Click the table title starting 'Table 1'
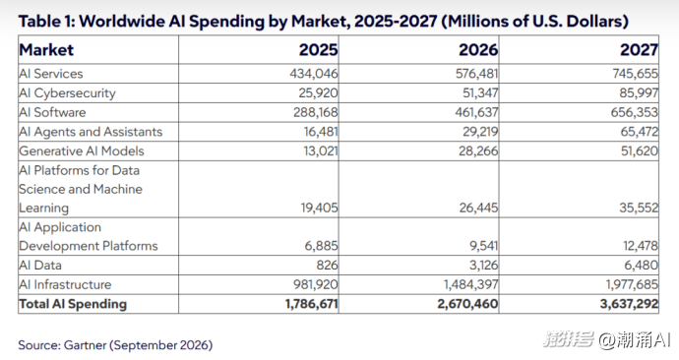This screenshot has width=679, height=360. click(x=323, y=22)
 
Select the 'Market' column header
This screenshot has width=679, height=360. click(x=46, y=50)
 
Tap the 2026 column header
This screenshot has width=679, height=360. click(x=478, y=50)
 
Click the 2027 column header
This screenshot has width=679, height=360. click(x=640, y=50)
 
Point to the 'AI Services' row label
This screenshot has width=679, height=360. click(x=50, y=74)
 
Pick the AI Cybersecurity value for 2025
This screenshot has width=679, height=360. click(x=318, y=93)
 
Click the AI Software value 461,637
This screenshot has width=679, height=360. click(x=476, y=112)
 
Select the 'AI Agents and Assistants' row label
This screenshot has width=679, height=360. click(x=91, y=132)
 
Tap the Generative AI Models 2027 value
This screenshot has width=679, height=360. click(x=640, y=151)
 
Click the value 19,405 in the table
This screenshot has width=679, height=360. click(x=320, y=209)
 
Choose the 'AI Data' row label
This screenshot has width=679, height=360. click(x=40, y=266)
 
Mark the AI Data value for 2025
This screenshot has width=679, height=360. click(x=327, y=266)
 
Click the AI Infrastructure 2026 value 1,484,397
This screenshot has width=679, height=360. click(x=470, y=284)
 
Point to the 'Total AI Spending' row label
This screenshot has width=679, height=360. click(x=73, y=304)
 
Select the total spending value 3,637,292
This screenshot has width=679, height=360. click(x=629, y=304)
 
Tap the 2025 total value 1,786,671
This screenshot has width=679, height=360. click(x=312, y=304)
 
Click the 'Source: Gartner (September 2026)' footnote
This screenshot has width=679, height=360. click(x=115, y=345)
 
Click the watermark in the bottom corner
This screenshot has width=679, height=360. click(x=607, y=339)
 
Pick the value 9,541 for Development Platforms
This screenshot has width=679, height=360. click(x=484, y=246)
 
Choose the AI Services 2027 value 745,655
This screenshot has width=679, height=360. click(x=636, y=74)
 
